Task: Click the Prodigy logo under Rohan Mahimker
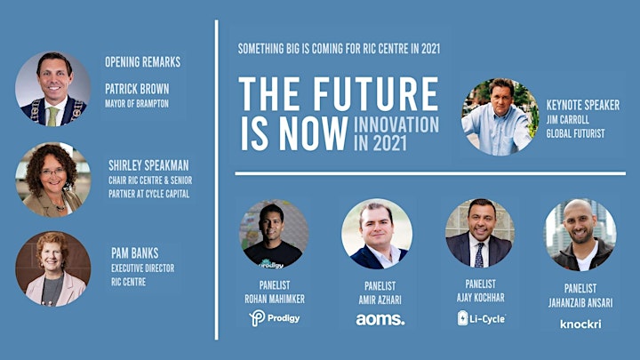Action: coord(275,318)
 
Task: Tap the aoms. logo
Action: coord(380,319)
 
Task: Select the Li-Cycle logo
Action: coord(481,318)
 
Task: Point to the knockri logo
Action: coord(580,324)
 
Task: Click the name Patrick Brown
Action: coord(137,89)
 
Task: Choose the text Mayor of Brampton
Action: coord(137,104)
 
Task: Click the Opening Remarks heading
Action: coord(142,62)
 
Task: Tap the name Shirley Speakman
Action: coord(148,165)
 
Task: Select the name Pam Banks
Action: coord(135,253)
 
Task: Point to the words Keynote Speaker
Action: coord(583,105)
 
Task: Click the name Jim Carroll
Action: coord(568,120)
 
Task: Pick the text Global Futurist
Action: coord(575,133)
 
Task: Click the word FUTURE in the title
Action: coord(375,94)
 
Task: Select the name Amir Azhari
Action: coord(380,300)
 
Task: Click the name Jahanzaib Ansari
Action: coord(580,303)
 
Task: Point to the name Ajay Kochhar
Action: coord(480,298)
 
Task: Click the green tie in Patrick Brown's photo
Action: coord(52,116)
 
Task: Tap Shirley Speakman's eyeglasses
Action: coord(52,172)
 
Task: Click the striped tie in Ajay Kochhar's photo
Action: coord(479,255)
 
